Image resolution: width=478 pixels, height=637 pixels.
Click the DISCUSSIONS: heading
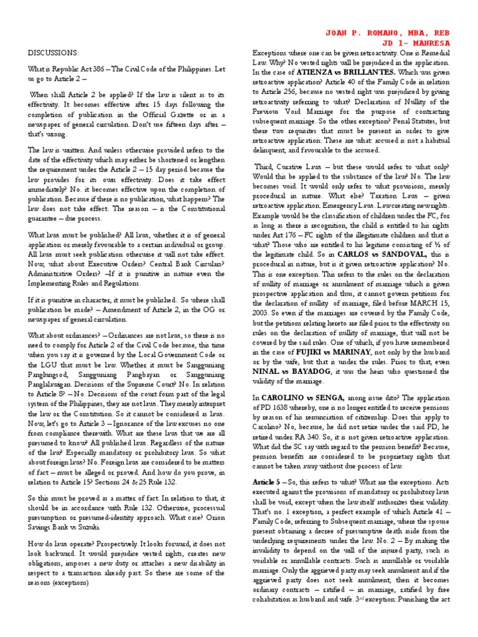point(54,53)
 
